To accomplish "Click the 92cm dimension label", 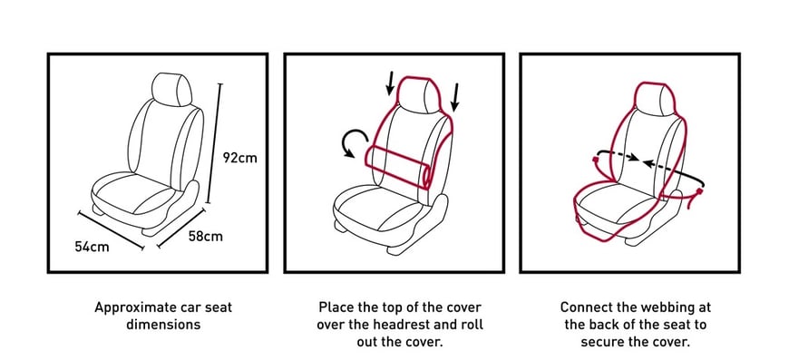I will click(x=239, y=157).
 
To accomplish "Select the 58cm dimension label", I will click(x=204, y=237).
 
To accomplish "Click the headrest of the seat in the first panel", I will click(x=172, y=88).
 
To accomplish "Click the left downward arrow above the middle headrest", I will click(x=391, y=84).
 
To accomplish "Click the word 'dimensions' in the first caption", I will click(x=163, y=323).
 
